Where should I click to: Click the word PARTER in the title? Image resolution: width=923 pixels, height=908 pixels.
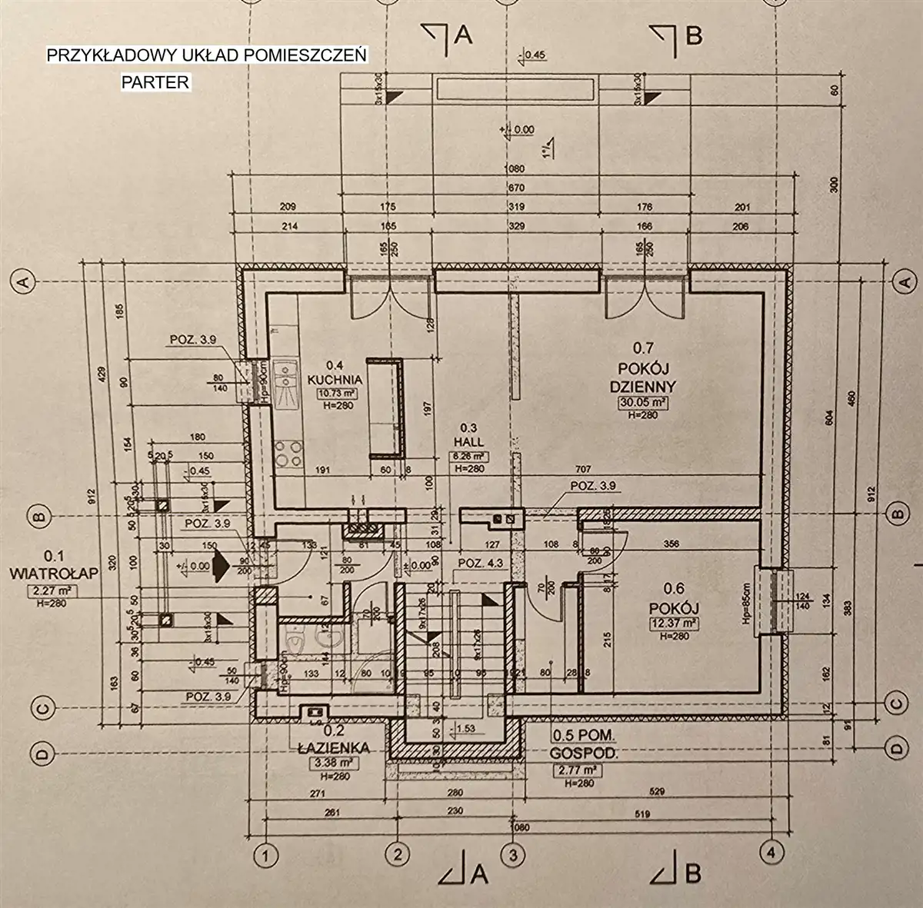155,82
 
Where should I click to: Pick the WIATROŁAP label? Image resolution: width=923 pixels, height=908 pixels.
48,574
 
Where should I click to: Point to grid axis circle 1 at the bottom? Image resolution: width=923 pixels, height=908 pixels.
264,854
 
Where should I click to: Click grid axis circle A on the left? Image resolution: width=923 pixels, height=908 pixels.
22,281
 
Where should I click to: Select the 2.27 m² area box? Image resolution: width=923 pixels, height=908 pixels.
47,590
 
